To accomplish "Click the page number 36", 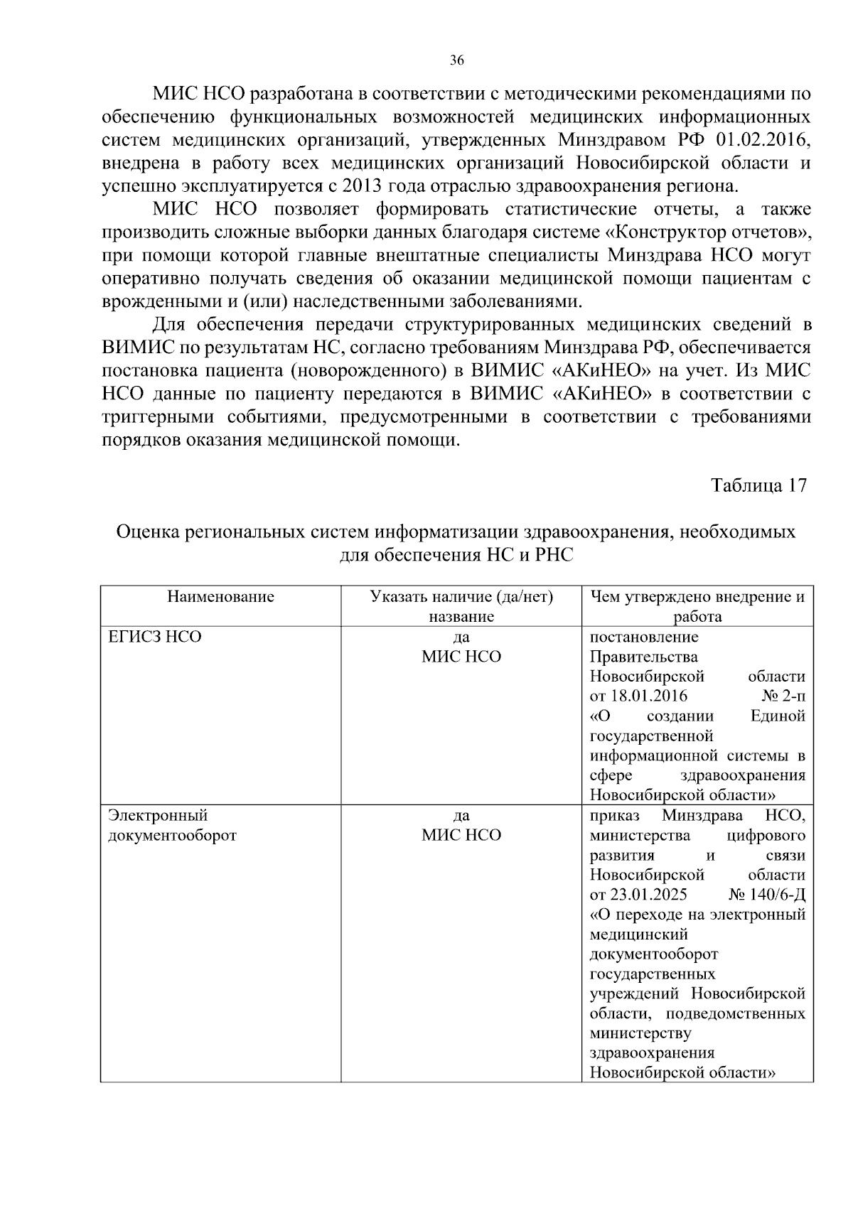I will point(457,60).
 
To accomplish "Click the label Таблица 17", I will point(758,485).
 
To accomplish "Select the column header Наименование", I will point(220,596).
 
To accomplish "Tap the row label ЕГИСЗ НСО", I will point(155,637).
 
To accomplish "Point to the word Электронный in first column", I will point(158,815).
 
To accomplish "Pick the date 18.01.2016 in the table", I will point(648,696).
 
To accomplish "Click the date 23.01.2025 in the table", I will point(648,894).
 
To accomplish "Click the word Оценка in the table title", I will point(147,532).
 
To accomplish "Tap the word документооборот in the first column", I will point(172,835).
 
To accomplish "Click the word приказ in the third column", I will point(615,815).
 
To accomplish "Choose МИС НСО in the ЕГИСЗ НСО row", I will point(461,657).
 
